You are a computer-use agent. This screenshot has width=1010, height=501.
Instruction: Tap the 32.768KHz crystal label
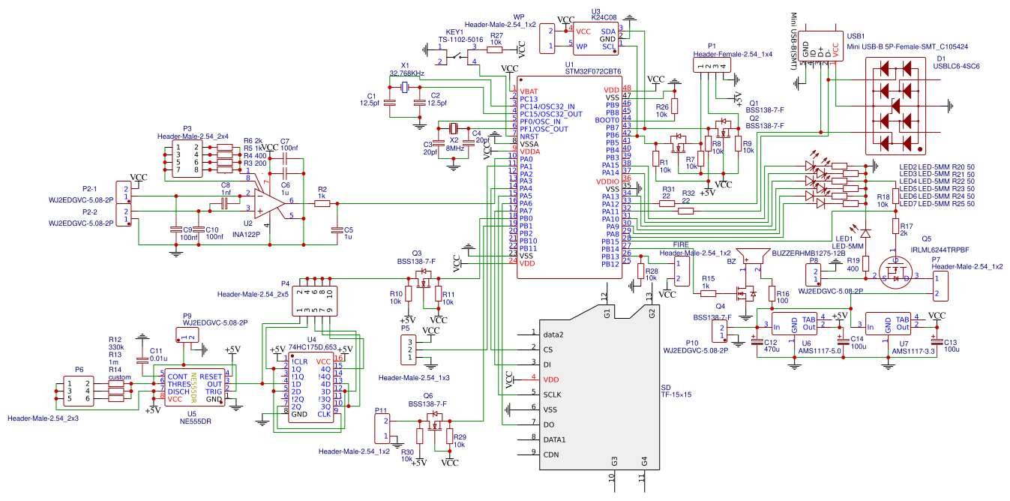coord(407,73)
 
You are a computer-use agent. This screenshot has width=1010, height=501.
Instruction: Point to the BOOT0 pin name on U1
coord(607,120)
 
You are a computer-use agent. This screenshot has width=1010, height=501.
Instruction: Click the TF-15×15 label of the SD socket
coord(676,394)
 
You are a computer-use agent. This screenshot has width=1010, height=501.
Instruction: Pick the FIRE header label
coord(680,244)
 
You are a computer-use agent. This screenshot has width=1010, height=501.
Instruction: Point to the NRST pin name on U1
coord(530,136)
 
